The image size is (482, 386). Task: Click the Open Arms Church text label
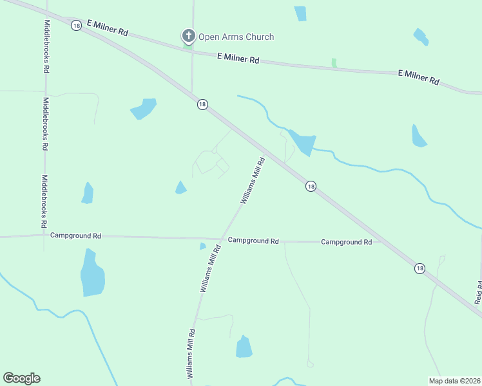coord(236,37)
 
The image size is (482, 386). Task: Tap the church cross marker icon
coord(188,36)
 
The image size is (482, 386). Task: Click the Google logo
coord(21,378)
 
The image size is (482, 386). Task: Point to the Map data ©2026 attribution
coord(454,381)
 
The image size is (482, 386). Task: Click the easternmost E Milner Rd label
coord(418,77)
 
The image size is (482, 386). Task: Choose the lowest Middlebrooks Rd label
coord(44,202)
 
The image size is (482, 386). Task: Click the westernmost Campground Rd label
coord(76,236)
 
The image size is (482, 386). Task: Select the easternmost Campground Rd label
coord(347,242)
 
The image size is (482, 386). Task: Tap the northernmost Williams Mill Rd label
coord(253,181)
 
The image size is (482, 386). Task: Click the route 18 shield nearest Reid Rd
coord(420,268)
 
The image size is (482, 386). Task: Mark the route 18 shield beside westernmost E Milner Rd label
coord(76,26)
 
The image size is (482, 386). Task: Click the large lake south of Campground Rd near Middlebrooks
coord(92,274)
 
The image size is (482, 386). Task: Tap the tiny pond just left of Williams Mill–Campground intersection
coord(203,246)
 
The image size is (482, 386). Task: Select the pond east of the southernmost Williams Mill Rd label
coord(244,347)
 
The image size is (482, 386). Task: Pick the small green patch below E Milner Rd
coord(334,62)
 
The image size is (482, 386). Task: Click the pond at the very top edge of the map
coord(300,13)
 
